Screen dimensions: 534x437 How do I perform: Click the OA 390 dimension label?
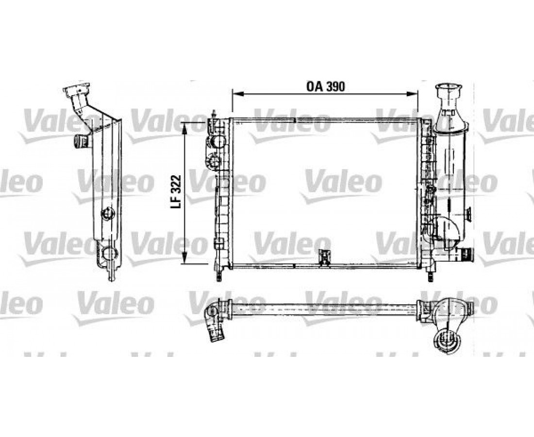(326, 86)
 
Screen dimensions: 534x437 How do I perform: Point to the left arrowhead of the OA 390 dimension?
(235, 93)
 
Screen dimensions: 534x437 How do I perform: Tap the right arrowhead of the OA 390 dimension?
(414, 93)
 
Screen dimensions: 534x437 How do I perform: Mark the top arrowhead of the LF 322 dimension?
(185, 126)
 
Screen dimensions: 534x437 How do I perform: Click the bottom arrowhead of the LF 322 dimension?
(185, 259)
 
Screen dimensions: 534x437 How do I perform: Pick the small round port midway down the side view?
(107, 213)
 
